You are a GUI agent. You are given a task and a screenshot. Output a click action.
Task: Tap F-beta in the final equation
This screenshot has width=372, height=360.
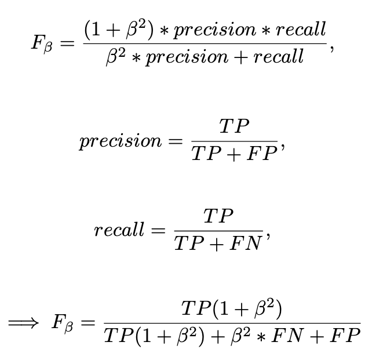coord(64,323)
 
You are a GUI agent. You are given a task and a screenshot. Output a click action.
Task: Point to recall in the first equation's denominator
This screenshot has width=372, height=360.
coord(276,57)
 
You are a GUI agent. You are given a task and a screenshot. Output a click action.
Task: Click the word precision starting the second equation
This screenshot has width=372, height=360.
coord(121,141)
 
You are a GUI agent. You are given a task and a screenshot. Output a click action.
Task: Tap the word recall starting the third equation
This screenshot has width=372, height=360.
coord(119,230)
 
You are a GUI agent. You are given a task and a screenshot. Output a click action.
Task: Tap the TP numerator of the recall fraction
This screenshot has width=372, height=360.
coord(218,216)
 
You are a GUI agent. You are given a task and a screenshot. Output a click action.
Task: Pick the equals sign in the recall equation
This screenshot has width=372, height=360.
coord(158,231)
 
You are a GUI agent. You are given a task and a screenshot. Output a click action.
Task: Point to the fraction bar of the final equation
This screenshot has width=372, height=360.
coord(232,323)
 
